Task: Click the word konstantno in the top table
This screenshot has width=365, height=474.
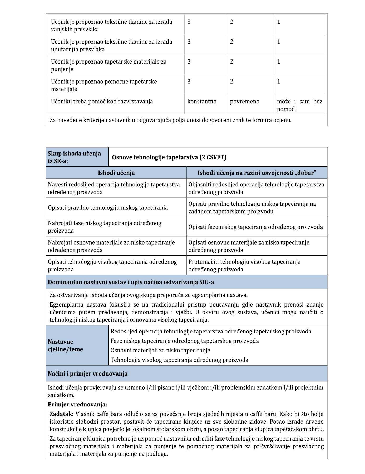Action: [x=202, y=102]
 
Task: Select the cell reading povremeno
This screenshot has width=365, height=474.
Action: [x=244, y=102]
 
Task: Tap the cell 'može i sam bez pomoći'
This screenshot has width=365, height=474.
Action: [x=299, y=105]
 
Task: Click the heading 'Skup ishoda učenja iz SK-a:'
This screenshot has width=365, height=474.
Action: [x=74, y=157]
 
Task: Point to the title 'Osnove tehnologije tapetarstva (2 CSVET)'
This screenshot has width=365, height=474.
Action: [x=169, y=157]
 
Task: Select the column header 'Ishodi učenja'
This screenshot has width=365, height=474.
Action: [x=116, y=173]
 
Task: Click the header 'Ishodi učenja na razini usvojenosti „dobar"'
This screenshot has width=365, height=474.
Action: [x=257, y=173]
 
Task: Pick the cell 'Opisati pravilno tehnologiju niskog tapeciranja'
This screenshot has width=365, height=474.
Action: [x=108, y=208]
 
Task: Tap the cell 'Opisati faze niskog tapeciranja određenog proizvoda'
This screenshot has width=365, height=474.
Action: [x=255, y=227]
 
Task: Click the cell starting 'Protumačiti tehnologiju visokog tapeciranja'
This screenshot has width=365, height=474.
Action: [x=244, y=265]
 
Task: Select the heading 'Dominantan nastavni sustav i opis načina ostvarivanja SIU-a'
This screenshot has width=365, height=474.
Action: [x=131, y=282]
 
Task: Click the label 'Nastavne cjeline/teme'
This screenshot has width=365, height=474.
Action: [x=66, y=346]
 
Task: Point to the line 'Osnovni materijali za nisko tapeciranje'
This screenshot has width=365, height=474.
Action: [x=160, y=350]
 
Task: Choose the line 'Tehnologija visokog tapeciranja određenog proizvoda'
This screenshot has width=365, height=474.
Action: [x=179, y=360]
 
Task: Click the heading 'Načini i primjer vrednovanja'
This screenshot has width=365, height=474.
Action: [x=87, y=374]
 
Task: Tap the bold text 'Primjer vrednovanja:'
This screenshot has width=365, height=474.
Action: [x=77, y=404]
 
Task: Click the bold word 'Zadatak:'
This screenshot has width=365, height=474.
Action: [x=62, y=414]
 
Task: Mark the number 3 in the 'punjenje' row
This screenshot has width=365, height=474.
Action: [x=189, y=62]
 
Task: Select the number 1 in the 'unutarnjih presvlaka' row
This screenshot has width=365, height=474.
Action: [x=278, y=42]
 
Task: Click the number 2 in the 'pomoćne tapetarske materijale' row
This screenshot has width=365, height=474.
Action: [x=231, y=82]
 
